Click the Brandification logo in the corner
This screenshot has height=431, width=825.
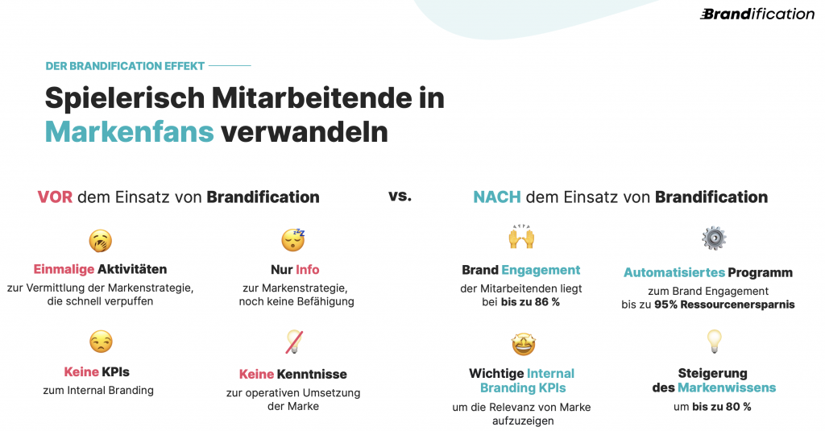pos(757,15)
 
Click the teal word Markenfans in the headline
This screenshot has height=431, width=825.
pos(130,131)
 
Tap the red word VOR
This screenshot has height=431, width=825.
pos(55,197)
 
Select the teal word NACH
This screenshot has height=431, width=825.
pos(496,197)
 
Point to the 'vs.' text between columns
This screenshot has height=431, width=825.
pos(400,196)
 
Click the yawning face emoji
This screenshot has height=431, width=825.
pos(100,241)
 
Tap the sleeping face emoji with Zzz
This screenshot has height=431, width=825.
pos(293,239)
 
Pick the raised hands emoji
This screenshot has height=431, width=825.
pos(521,236)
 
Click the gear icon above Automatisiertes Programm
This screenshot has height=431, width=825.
pos(714,238)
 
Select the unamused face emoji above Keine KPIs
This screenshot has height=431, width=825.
pos(101,342)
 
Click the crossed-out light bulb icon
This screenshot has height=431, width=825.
pos(294,342)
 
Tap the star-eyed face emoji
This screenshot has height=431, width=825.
pos(523,344)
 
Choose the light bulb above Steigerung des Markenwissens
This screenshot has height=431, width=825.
pos(714,341)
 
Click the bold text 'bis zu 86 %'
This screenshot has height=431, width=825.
pos(530,302)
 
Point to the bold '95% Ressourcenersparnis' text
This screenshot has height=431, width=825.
pos(724,305)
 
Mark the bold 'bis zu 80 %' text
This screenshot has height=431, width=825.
pos(722,407)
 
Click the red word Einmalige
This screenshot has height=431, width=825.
pos(64,269)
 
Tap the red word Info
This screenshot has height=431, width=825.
pos(307,269)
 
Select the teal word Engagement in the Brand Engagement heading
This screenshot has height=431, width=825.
pos(541,271)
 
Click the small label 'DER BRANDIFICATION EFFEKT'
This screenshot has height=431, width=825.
pos(125,66)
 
